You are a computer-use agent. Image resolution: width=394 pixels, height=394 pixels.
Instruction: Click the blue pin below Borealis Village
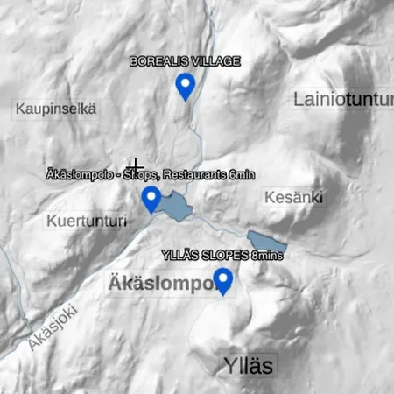185,85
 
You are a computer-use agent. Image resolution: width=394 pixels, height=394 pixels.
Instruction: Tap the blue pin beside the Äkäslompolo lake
151,199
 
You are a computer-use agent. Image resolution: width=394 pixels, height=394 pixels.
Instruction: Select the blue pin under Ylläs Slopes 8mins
224,281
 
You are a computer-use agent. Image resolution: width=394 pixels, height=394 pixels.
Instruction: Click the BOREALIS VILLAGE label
185,61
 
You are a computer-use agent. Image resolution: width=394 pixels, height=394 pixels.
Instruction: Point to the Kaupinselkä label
55,109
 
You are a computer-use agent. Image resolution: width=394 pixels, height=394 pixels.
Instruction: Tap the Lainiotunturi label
341,100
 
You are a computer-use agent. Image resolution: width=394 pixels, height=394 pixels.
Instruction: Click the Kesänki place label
293,196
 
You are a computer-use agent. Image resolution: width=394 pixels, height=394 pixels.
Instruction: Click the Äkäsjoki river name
53,327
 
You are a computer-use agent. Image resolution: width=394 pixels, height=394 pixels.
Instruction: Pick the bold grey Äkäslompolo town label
162,283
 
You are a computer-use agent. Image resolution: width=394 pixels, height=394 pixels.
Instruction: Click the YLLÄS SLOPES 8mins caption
224,256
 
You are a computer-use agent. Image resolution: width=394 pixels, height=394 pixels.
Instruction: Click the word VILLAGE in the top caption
215,61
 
